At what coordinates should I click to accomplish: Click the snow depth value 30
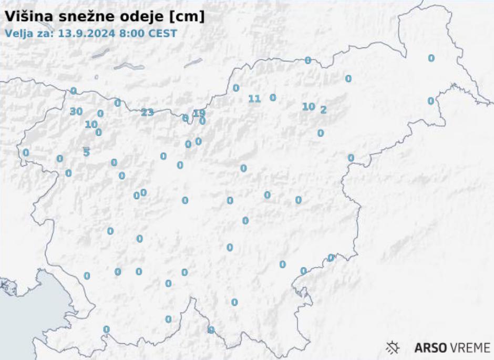76,111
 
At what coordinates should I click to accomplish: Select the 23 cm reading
147,112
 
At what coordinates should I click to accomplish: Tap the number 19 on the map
199,113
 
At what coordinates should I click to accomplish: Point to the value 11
254,98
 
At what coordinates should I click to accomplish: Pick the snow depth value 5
87,152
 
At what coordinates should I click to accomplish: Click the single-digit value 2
323,110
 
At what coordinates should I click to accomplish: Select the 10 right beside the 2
308,107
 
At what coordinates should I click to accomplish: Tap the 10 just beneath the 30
91,125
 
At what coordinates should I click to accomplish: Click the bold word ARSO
430,348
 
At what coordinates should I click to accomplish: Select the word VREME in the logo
470,348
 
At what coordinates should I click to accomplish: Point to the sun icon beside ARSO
393,347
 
